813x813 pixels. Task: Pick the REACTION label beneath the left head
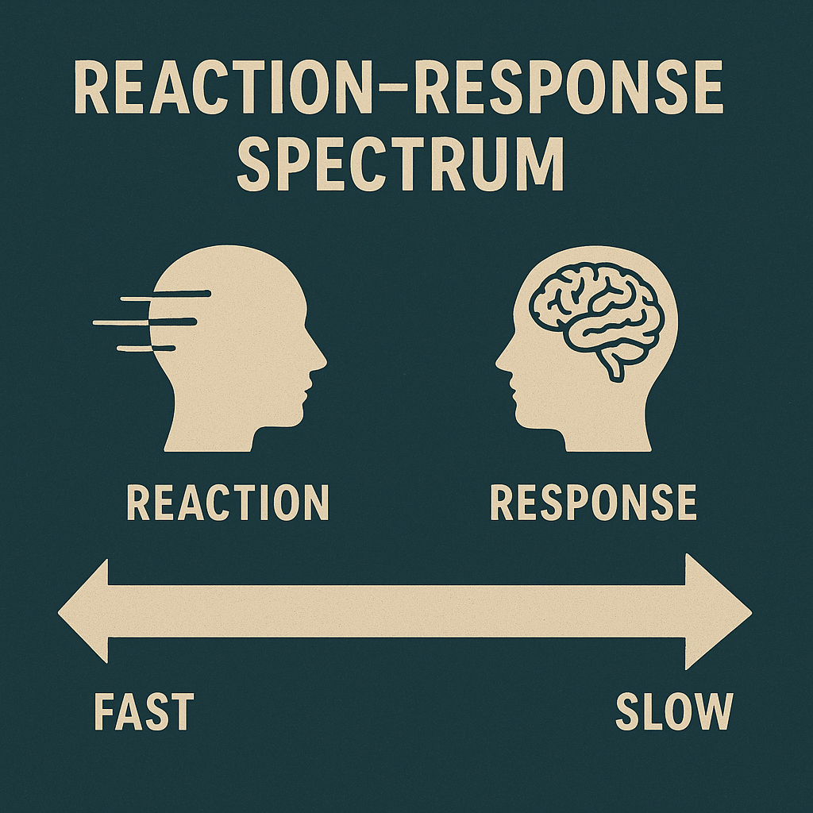click(228, 503)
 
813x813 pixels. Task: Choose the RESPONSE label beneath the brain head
click(593, 503)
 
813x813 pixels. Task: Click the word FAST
click(144, 711)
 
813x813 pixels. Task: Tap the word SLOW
click(673, 711)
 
